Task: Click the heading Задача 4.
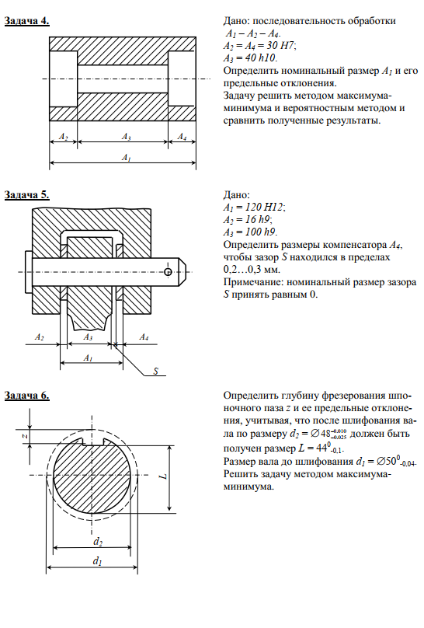coord(27,21)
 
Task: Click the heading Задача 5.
coord(27,194)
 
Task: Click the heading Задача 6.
coord(27,396)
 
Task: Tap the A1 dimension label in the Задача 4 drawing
coord(127,158)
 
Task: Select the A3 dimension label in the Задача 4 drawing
coord(127,137)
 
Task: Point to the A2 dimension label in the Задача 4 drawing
coord(63,137)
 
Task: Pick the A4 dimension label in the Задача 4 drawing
coord(182,137)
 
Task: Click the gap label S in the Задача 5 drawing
coord(156,372)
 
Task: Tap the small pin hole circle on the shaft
coord(168,272)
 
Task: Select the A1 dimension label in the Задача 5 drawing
coord(89,358)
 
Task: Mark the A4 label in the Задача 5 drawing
coord(144,337)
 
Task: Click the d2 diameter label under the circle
coord(98,542)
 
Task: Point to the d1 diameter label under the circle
coord(98,561)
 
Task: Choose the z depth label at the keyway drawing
coord(25,435)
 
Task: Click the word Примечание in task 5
coord(254,282)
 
